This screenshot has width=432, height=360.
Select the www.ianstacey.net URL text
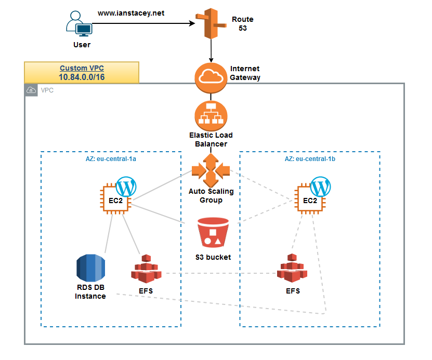coord(131,13)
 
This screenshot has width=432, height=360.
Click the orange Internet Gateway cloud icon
coord(211,77)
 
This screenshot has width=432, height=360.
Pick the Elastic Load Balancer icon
coord(211,115)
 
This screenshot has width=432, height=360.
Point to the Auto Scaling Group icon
coord(211,169)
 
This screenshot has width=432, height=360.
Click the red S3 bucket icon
coord(213,233)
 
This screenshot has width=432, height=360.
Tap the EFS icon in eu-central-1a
coord(146,269)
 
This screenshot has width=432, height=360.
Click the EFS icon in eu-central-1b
coord(292,269)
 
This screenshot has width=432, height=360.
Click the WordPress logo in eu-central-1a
coord(126,186)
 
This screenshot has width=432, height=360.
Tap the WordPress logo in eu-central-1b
coord(320,186)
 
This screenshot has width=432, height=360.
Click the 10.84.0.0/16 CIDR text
coord(81,77)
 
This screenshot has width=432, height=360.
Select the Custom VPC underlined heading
coord(81,68)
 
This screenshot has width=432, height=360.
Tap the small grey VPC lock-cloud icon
coord(32,90)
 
